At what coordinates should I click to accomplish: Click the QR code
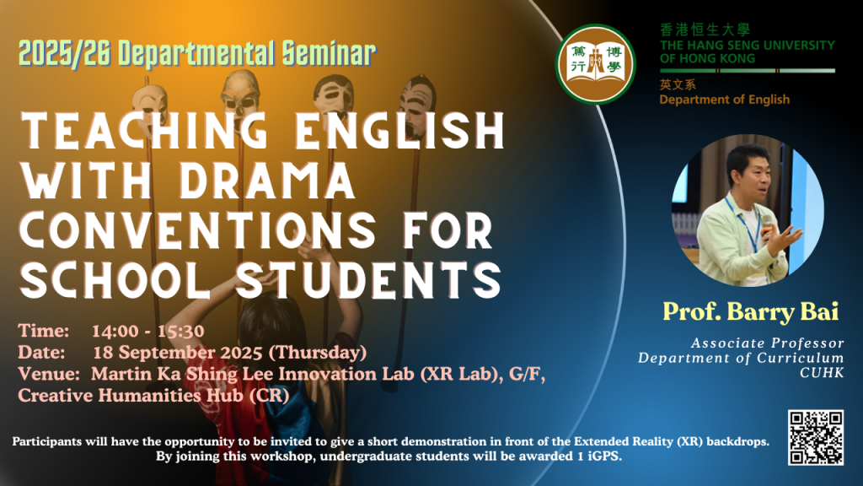tap(816, 438)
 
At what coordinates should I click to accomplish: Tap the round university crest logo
tap(596, 64)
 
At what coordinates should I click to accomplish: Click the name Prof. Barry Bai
tap(750, 311)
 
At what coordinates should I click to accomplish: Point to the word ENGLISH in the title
tap(400, 130)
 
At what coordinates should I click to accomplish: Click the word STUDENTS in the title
tap(369, 279)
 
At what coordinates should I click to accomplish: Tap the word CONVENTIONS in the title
tap(198, 229)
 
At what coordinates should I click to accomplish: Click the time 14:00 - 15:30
tap(148, 331)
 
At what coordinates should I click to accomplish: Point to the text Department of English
tap(724, 100)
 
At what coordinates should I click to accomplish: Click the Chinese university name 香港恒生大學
tap(705, 30)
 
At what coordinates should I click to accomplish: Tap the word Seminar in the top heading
tap(330, 54)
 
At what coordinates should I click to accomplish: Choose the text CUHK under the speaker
tap(822, 373)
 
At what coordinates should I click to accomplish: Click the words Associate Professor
tap(767, 343)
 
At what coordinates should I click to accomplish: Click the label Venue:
tap(49, 374)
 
